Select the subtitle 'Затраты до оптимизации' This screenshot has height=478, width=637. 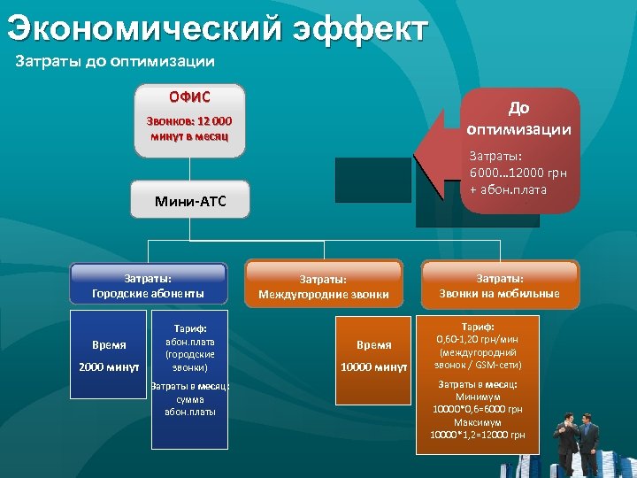coord(116,62)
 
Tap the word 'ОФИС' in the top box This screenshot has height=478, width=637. coord(190,96)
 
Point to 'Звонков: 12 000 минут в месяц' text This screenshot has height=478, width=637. coord(190,128)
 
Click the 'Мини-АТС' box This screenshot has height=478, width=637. coord(190,201)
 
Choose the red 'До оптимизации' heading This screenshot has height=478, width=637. coord(519,118)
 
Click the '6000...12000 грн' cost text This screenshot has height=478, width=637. coord(519,174)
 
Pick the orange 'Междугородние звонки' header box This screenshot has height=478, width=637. coord(323,287)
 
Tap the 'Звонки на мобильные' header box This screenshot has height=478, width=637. coord(500,285)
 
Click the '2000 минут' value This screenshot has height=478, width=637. coord(109,366)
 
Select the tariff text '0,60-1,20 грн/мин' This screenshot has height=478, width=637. coord(478,338)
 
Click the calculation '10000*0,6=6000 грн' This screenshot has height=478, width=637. coord(478,410)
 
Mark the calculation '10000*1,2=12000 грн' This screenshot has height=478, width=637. coord(478,435)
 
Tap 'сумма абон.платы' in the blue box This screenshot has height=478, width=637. coord(189,405)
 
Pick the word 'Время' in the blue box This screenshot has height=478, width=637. coord(109,344)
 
